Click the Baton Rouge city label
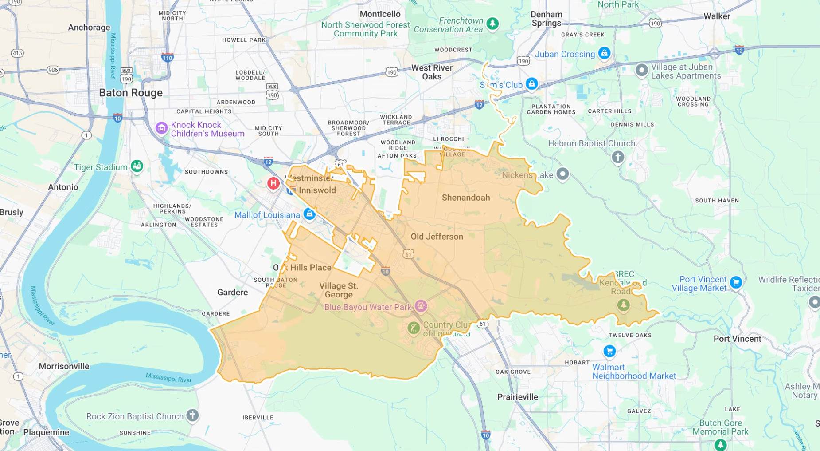(131, 93)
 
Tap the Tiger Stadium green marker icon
(137, 166)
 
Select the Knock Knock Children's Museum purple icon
(161, 129)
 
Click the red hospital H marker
(273, 183)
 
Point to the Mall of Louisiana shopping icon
(309, 214)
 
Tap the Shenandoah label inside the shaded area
(465, 198)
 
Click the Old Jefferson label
(437, 237)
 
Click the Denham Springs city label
(546, 19)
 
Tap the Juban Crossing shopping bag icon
(604, 53)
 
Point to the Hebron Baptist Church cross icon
(617, 157)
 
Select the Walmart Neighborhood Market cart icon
(609, 351)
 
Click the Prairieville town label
(517, 397)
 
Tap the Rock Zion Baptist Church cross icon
(192, 415)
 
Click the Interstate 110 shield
(167, 58)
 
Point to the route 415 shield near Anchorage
(17, 53)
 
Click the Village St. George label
(339, 290)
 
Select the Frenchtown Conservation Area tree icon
(492, 23)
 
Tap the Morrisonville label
(64, 366)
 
